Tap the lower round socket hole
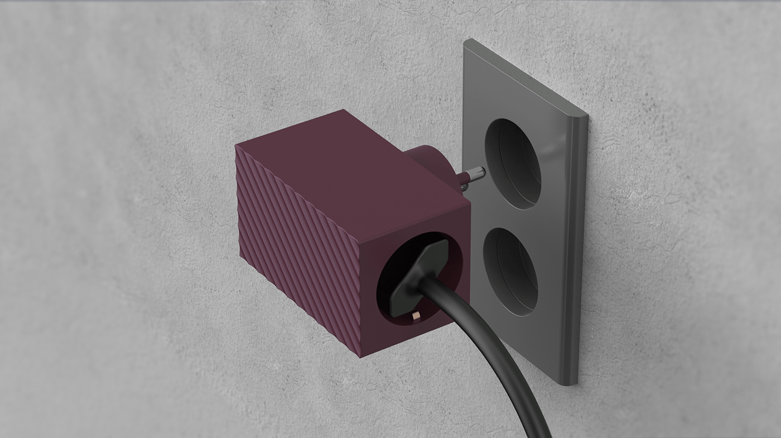coord(510,272)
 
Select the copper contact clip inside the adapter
coord(416,317)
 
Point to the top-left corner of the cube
coord(237,146)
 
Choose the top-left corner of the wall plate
coord(465,42)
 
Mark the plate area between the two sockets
coord(510,219)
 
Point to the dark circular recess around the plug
coord(390,262)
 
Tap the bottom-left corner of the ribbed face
coord(241,258)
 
